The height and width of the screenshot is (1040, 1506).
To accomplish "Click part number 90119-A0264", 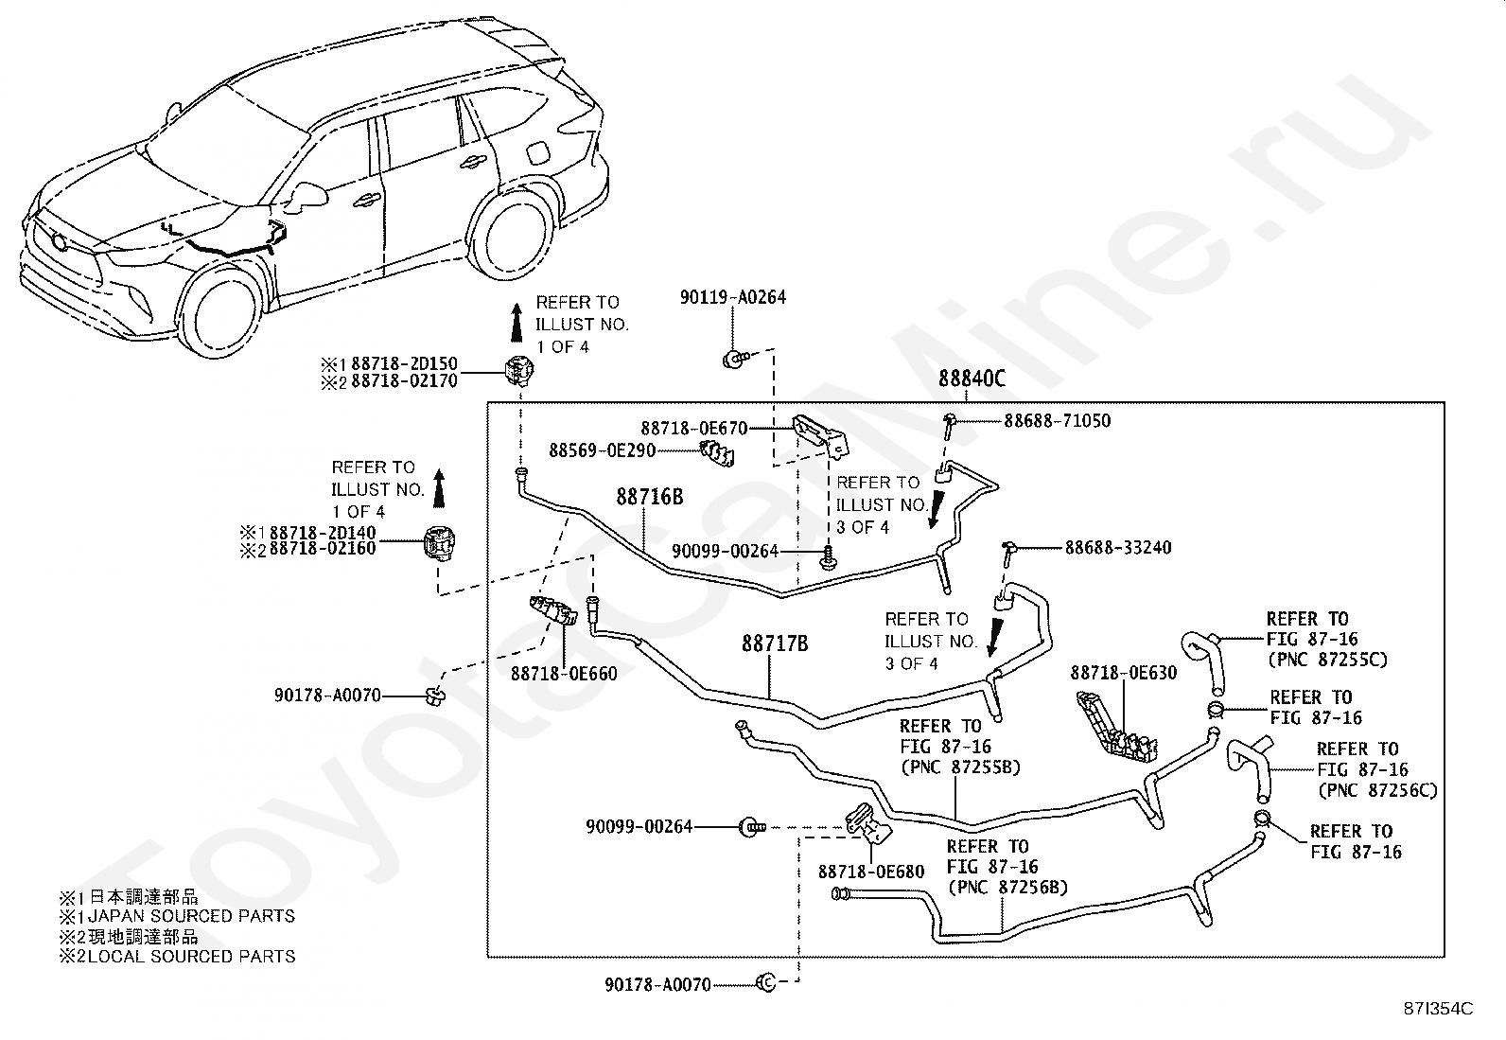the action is point(732,297).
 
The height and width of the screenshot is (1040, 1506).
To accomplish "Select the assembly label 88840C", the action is point(972,379).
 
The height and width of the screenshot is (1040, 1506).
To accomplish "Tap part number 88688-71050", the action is point(1057,421).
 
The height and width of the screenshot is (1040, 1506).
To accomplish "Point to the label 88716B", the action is point(650,497).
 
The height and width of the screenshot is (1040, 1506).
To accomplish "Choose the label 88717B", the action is point(775,643).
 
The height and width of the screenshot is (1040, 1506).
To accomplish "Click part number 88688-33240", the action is point(1118,548).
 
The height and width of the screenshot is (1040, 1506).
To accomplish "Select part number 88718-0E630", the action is point(1124,673).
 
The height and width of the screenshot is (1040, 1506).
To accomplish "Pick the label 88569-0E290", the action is point(603,450).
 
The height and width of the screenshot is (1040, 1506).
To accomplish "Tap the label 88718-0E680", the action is point(871,872).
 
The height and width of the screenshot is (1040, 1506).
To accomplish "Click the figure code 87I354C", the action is point(1438,1009).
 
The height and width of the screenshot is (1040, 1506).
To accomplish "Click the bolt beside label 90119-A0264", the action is point(733,359).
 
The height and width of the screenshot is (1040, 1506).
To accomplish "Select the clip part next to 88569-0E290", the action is point(717,453).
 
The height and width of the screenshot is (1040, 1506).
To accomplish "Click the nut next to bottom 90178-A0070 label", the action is point(766,983).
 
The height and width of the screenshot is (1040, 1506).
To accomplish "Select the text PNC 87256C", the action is point(1377,790).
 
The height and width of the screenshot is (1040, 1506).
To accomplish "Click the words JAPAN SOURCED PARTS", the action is point(192,916).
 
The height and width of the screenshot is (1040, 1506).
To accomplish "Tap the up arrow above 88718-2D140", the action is point(439,487).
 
